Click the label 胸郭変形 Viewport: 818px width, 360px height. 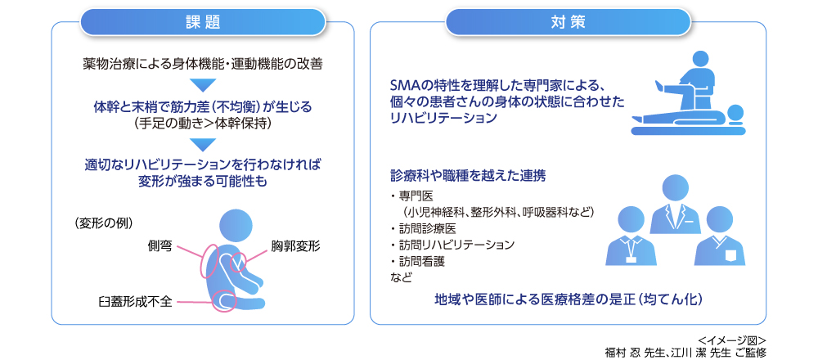pyautogui.click(x=295, y=245)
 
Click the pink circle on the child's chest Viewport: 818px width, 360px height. pyautogui.click(x=243, y=262)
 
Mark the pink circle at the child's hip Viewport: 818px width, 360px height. pyautogui.click(x=223, y=300)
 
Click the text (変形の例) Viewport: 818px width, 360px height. pyautogui.click(x=103, y=223)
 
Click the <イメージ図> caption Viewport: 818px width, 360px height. pyautogui.click(x=732, y=340)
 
